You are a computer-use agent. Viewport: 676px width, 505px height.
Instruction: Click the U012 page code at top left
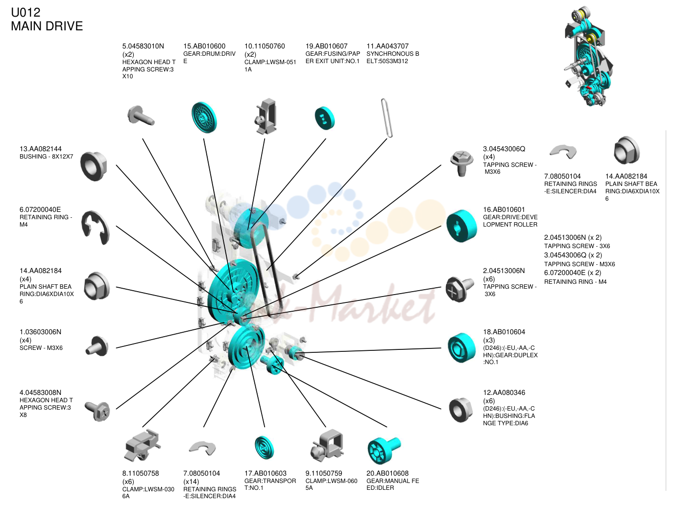[25, 12]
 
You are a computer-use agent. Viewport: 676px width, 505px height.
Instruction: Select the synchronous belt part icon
[386, 118]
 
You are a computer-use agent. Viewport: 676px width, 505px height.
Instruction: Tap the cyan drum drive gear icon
[204, 117]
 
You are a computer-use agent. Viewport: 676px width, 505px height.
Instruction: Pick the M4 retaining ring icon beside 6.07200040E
[95, 227]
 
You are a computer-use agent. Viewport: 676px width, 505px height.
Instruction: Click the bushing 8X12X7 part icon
[94, 166]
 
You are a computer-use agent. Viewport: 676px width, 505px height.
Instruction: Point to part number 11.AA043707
[387, 46]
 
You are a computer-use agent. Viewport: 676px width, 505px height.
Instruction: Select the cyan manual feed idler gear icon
[384, 451]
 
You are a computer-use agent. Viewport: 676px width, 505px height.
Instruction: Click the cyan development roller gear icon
[461, 226]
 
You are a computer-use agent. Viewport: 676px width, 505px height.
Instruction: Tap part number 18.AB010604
[504, 332]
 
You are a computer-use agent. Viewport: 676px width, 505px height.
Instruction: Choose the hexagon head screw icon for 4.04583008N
[97, 411]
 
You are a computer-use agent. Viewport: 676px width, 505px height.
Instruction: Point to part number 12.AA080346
[504, 392]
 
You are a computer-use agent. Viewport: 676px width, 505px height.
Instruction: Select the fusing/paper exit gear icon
[325, 118]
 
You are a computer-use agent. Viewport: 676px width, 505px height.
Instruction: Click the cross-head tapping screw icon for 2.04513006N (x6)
[459, 289]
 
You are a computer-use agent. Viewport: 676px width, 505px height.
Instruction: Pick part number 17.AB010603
[265, 473]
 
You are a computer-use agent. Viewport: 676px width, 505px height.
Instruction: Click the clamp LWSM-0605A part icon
[327, 446]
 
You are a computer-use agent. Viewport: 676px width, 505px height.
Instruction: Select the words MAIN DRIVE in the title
[47, 26]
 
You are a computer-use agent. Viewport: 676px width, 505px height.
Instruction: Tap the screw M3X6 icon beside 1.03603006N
[97, 346]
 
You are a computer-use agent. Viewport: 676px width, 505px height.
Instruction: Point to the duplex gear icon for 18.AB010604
[461, 347]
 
